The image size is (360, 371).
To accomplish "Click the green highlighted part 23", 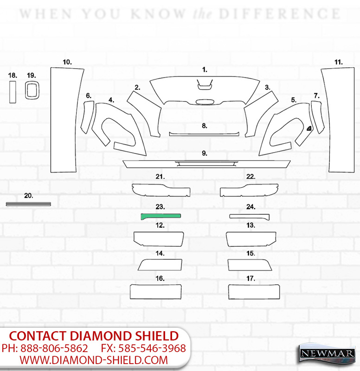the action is click(x=161, y=216).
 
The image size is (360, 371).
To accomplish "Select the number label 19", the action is click(x=32, y=76).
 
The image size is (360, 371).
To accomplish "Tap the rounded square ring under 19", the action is click(x=26, y=90).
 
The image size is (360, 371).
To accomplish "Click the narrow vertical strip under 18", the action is click(x=13, y=92).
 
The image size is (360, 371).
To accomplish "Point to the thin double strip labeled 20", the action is click(x=28, y=204).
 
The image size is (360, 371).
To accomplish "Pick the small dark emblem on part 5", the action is click(x=309, y=128).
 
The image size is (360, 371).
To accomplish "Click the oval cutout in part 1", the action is click(x=205, y=102).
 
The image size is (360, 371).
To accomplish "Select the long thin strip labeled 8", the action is click(x=204, y=134).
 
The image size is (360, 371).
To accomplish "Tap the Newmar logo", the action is click(x=327, y=354).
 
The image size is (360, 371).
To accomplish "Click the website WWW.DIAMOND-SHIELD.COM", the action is click(x=94, y=360).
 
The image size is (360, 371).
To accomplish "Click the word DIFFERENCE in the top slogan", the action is click(x=280, y=14).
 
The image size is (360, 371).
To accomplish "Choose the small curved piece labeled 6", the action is click(x=87, y=117).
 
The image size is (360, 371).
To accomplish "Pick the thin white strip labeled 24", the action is click(x=250, y=217).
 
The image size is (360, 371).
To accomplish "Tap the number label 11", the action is click(x=339, y=62).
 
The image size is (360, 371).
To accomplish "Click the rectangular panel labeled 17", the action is click(x=254, y=292).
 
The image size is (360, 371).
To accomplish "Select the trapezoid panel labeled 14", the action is click(x=160, y=265).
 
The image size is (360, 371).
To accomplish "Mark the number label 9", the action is click(x=205, y=154).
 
